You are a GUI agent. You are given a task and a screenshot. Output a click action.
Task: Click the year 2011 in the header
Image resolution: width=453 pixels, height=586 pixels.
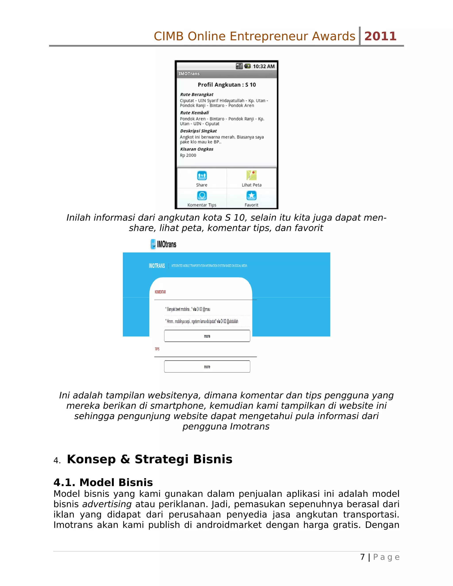point(380,36)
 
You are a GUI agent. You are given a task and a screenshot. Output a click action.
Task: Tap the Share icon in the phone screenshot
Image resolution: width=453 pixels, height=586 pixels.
point(202,176)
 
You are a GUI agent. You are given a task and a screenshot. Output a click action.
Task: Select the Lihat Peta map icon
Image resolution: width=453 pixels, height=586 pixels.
point(251,175)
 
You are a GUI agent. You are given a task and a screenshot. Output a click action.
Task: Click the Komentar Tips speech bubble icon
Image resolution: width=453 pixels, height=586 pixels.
point(202,196)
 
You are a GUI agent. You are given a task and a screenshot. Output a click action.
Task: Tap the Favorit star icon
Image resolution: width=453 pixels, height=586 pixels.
point(251,196)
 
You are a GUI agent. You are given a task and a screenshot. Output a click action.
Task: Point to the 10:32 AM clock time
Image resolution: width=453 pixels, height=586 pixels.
point(263,66)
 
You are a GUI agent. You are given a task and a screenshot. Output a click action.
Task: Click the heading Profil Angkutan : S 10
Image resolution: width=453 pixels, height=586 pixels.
point(227,85)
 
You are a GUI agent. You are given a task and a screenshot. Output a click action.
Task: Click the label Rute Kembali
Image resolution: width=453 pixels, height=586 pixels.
point(194,113)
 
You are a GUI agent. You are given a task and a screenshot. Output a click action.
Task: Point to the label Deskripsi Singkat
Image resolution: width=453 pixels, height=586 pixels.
point(198,131)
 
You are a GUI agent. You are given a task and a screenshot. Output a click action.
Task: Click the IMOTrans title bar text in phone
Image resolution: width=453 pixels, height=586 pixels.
point(189,73)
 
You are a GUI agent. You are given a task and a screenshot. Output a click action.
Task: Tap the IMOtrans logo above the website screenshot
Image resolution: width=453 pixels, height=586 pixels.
point(163,244)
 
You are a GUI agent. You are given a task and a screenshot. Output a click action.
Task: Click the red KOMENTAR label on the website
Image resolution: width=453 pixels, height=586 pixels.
point(160,292)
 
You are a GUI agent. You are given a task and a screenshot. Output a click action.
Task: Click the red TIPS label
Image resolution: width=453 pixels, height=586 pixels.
point(157,349)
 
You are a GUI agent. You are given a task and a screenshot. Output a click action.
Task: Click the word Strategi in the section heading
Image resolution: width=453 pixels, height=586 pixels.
point(161,459)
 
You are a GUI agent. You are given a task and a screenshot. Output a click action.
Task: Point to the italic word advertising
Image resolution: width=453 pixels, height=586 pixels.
point(107,504)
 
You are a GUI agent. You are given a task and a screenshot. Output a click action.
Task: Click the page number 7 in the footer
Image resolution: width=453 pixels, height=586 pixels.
point(362,557)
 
